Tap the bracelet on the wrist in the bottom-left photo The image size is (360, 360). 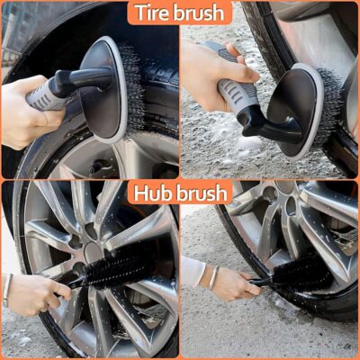point(7,290)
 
